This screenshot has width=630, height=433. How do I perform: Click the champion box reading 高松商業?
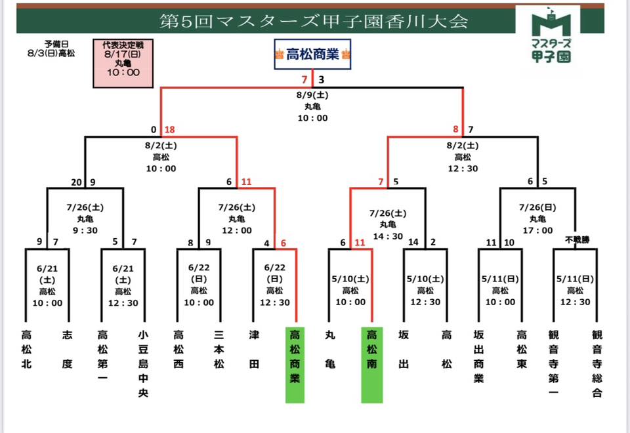tap(312, 54)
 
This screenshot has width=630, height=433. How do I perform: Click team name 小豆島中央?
tap(144, 363)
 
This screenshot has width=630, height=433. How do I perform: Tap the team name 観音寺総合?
tap(597, 363)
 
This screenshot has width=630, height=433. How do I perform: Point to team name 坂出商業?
tap(478, 356)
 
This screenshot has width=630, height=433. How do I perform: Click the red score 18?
tap(169, 130)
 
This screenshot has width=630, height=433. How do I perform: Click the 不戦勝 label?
tap(577, 240)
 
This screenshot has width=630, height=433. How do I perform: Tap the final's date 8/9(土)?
tap(312, 94)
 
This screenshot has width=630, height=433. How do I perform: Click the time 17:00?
tap(537, 230)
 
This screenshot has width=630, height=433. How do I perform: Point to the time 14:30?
tap(387, 236)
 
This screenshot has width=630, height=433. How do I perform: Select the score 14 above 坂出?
tap(413, 242)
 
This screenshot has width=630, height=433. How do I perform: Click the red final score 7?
tap(304, 80)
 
